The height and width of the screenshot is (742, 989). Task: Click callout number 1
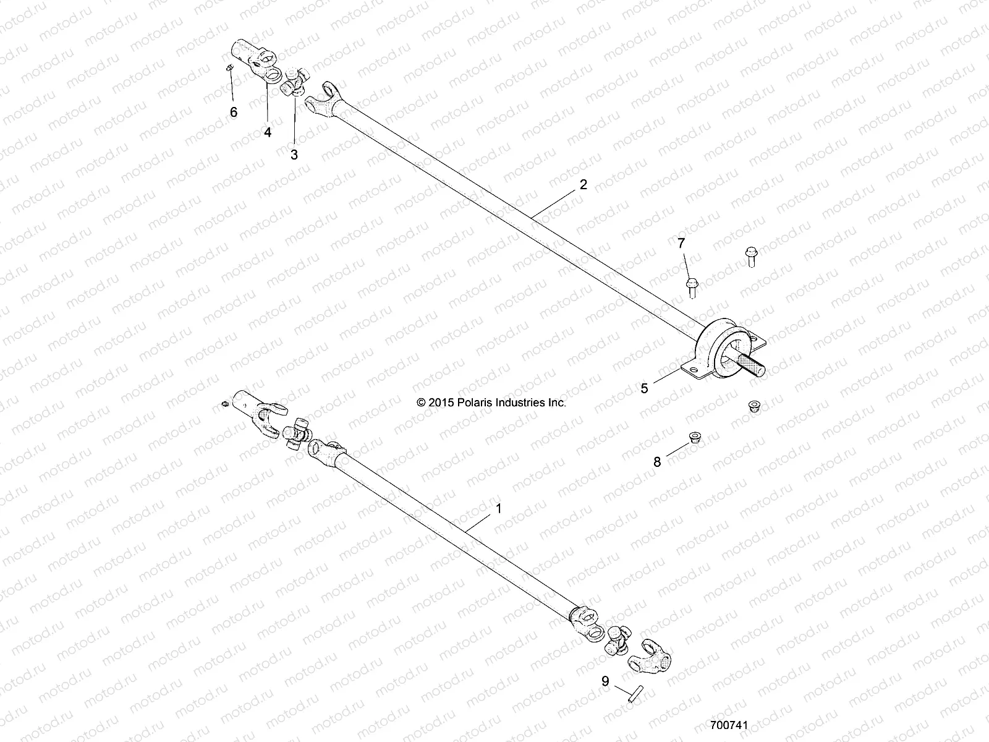tap(499, 509)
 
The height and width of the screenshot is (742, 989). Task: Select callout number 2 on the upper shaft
tap(583, 185)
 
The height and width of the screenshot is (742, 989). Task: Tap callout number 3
tap(294, 155)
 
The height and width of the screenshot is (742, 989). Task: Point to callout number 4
tap(268, 132)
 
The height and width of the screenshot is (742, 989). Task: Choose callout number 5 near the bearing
tap(644, 388)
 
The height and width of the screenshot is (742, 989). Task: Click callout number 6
tap(233, 112)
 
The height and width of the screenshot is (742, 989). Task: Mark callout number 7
tap(681, 244)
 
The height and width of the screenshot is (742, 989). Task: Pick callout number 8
tap(657, 461)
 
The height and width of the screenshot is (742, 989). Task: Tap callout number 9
tap(605, 681)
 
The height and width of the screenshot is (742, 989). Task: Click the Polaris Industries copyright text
tap(491, 403)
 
